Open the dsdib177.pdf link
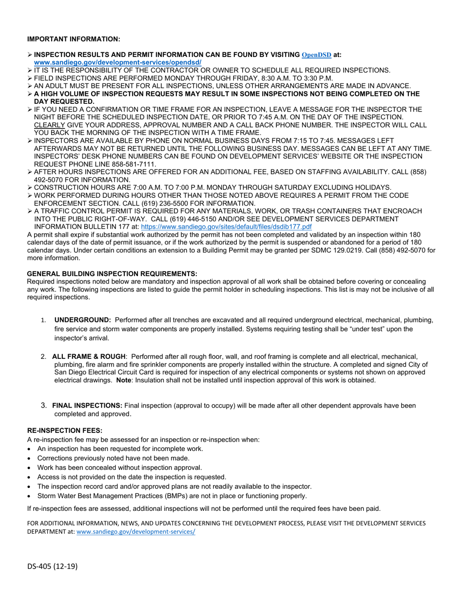pos(226,226)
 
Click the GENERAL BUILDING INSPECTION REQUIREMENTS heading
pos(112,274)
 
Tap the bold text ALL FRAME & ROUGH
pos(89,356)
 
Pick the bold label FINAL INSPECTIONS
pos(87,405)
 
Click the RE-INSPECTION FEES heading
pos(65,431)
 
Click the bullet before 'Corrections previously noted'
pos(30,458)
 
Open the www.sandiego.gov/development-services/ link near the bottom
pos(136,532)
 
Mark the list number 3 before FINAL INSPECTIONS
pos(44,405)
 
